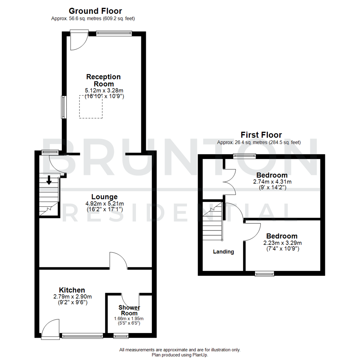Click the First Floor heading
click(x=261, y=135)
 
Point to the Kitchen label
click(x=72, y=290)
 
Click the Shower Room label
click(x=129, y=310)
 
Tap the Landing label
click(x=223, y=252)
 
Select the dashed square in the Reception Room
click(x=91, y=107)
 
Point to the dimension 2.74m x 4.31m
click(x=272, y=182)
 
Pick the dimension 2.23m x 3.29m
click(x=279, y=243)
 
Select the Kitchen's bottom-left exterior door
click(x=50, y=329)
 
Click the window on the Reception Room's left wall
click(x=63, y=107)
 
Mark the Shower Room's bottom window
click(x=121, y=336)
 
